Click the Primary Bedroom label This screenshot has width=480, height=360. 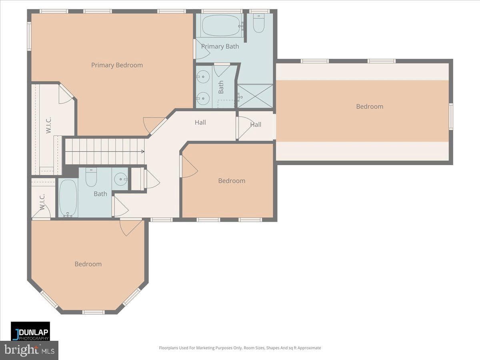tap(117, 65)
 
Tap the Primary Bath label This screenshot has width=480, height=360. tap(220, 46)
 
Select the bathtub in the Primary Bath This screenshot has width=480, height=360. tap(222, 26)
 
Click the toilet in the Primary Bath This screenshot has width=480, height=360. tap(259, 23)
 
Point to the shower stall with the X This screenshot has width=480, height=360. tap(255, 96)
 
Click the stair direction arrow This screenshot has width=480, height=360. tap(142, 152)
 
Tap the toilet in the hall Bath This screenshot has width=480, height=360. tap(91, 177)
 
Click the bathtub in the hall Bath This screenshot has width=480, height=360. tap(68, 198)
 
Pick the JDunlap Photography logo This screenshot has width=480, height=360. tap(30, 331)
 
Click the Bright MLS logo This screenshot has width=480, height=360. tap(29, 350)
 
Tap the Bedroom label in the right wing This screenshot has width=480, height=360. tap(370, 106)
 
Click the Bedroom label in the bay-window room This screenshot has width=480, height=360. tap(88, 264)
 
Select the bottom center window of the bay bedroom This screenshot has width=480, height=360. tap(94, 312)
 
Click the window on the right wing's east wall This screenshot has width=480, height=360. tap(451, 116)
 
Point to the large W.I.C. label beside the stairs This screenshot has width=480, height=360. tap(48, 125)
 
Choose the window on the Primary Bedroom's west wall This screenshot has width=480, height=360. tap(29, 36)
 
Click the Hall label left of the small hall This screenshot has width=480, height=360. tap(200, 122)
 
